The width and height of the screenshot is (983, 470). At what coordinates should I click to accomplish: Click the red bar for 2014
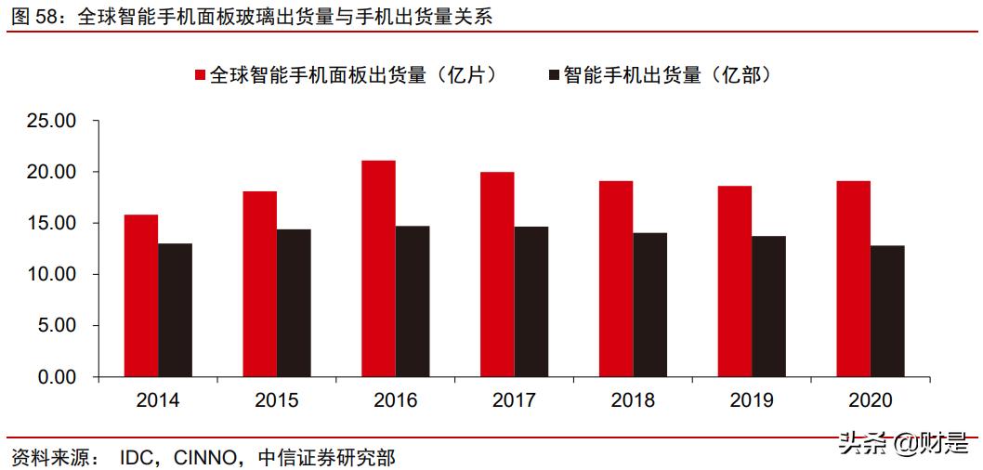[x=141, y=295]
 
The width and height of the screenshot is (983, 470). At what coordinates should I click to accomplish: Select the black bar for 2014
[x=175, y=310]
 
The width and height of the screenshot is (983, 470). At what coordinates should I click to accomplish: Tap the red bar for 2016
[x=378, y=268]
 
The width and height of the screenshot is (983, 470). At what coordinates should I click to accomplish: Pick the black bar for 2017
[x=531, y=302]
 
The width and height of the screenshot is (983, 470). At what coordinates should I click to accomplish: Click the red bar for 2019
[x=735, y=281]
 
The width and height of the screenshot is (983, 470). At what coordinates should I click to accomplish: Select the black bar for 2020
[x=887, y=311]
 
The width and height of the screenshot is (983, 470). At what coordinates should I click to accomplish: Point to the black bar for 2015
[x=294, y=303]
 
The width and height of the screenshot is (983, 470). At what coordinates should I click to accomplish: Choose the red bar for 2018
[x=616, y=279]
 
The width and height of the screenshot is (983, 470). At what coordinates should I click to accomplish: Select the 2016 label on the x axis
[x=395, y=401]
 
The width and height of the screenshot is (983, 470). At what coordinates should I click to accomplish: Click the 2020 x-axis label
[x=871, y=401]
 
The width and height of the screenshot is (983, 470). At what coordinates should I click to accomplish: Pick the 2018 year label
[x=633, y=401]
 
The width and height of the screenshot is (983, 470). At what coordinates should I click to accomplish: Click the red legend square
[x=200, y=75]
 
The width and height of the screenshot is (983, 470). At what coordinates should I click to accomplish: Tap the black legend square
[x=554, y=75]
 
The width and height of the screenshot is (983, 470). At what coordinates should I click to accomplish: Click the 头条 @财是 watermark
[x=902, y=444]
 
